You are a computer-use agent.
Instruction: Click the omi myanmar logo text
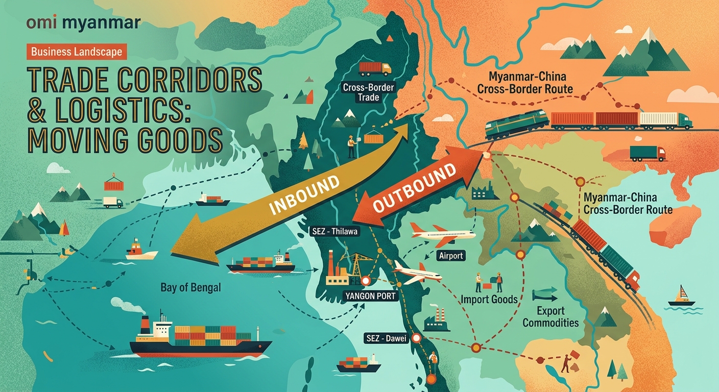tap(82, 23)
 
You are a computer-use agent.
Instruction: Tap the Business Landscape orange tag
tap(76, 51)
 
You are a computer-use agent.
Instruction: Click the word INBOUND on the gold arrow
tap(304, 195)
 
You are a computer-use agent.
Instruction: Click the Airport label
tap(450, 256)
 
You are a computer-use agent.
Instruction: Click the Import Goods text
tap(490, 299)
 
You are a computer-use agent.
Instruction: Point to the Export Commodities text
tap(550, 316)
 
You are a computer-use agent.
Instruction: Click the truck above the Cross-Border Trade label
tap(374, 68)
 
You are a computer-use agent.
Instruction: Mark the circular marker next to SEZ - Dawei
tap(416, 337)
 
